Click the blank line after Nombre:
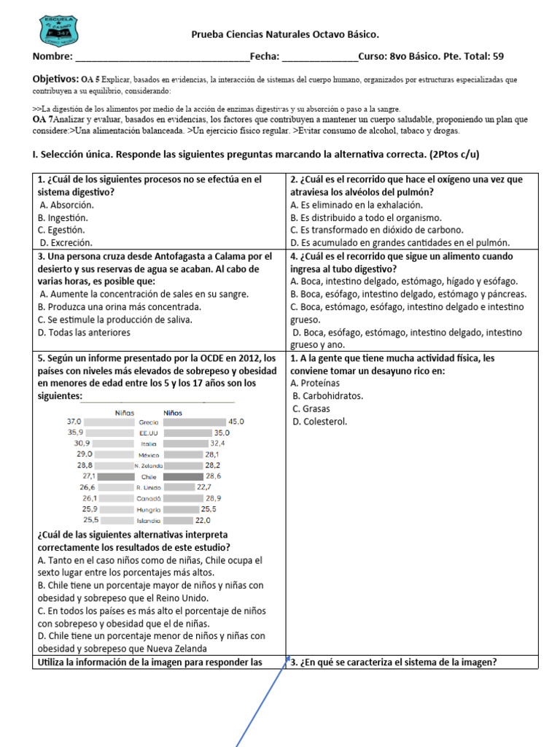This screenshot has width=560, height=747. [161, 57]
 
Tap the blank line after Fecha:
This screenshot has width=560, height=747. [319, 57]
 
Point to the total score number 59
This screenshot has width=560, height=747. [498, 56]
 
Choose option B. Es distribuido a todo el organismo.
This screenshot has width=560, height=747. [365, 217]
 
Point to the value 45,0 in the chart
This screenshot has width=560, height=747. [236, 422]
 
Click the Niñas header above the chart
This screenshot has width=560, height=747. [125, 413]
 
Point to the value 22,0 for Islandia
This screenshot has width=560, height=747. [203, 520]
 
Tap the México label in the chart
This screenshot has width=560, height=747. [149, 454]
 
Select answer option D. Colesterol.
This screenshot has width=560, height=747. [320, 421]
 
